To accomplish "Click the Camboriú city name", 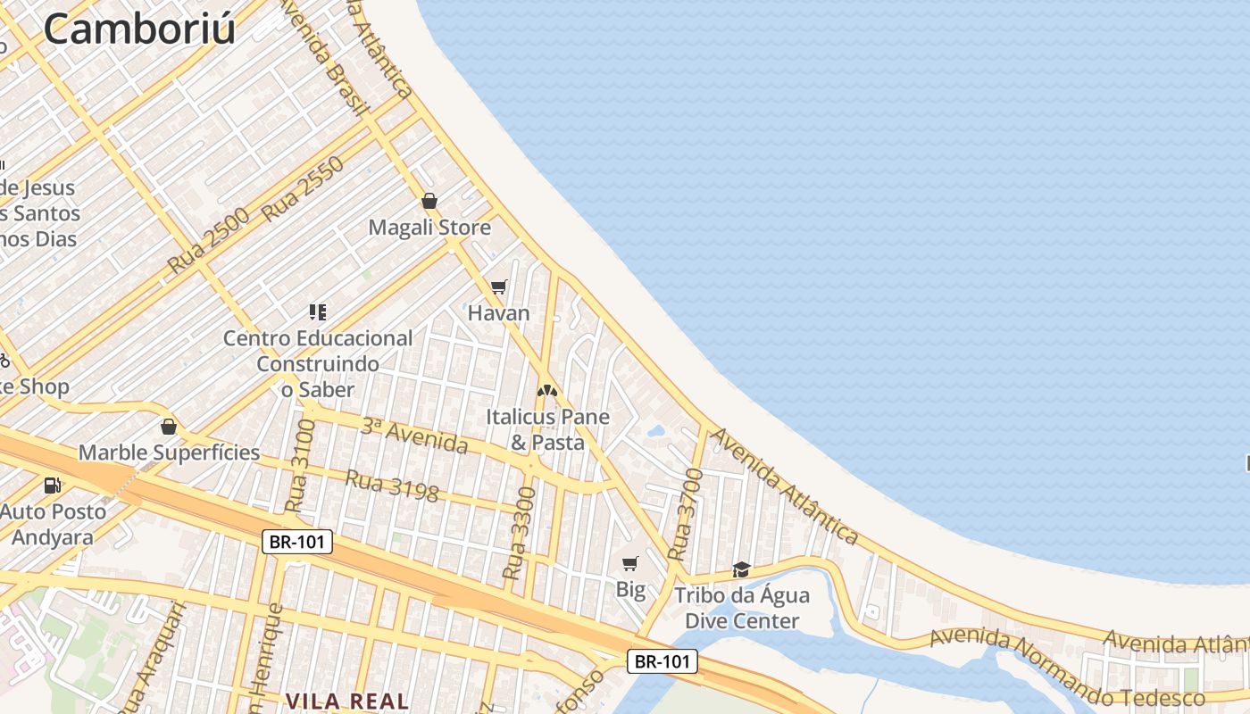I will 139,29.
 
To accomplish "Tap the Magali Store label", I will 429,228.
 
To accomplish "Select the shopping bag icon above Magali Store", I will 429,201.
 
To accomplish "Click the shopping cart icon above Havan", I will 499,286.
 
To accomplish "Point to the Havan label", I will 499,313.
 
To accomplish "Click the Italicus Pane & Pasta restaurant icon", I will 546,390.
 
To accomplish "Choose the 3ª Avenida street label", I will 414,436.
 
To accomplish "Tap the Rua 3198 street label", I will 392,486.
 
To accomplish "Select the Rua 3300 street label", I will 520,533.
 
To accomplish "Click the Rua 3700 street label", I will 685,513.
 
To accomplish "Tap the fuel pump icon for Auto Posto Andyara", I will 53,486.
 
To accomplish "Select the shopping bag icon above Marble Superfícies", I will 169,427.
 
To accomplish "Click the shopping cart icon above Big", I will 630,563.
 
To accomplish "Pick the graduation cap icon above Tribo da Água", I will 741,569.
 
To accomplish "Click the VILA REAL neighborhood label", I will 347,702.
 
